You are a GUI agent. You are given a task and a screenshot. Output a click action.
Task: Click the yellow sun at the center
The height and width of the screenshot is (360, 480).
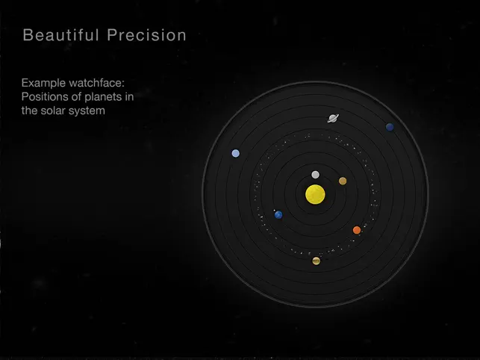pyautogui.click(x=315, y=194)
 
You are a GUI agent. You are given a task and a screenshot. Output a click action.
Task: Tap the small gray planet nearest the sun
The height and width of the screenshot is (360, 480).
pyautogui.click(x=315, y=175)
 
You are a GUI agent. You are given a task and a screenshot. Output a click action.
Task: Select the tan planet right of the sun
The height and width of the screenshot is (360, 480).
pyautogui.click(x=343, y=181)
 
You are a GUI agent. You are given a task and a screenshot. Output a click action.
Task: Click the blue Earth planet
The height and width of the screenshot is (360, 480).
pyautogui.click(x=278, y=215)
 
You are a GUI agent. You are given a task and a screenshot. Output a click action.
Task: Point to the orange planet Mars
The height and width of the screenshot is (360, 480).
pyautogui.click(x=357, y=230)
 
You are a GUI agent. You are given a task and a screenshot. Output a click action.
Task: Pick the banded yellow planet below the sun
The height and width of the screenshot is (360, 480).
pyautogui.click(x=317, y=261)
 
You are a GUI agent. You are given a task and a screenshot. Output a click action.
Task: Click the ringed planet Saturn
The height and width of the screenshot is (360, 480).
pyautogui.click(x=333, y=119)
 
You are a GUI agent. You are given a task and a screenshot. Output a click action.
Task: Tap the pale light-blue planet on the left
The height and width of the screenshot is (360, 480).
pyautogui.click(x=235, y=153)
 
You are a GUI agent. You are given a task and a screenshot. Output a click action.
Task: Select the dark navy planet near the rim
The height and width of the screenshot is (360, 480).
pyautogui.click(x=390, y=127)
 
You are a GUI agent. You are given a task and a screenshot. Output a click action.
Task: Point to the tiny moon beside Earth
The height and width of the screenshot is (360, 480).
pyautogui.click(x=274, y=211)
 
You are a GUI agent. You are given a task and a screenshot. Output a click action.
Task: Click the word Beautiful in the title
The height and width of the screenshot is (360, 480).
pyautogui.click(x=61, y=35)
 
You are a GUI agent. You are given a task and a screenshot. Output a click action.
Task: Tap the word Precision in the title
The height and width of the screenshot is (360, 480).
pyautogui.click(x=146, y=35)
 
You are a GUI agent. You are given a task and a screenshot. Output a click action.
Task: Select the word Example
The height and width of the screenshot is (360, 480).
pyautogui.click(x=43, y=83)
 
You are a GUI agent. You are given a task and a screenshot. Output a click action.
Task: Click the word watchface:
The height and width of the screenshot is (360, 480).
pyautogui.click(x=97, y=83)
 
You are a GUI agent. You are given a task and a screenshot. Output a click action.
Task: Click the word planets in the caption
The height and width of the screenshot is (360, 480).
pyautogui.click(x=103, y=97)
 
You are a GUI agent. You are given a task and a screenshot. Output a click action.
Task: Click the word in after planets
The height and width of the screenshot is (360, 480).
pyautogui.click(x=129, y=96)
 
